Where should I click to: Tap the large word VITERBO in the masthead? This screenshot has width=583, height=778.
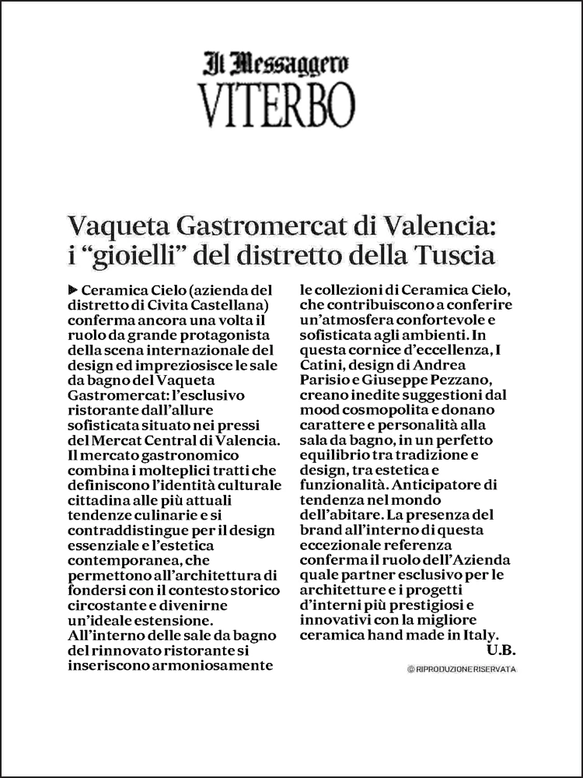(276, 104)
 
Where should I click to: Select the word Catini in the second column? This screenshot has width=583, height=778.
(323, 365)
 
